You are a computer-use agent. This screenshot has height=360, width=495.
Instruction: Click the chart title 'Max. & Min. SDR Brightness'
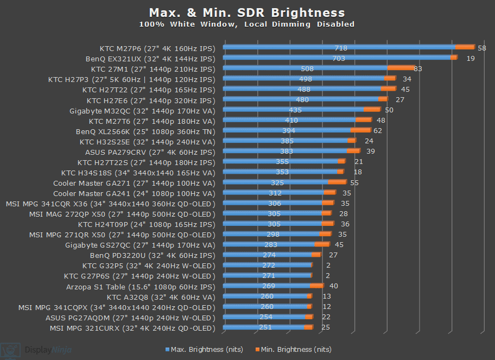coord(247,12)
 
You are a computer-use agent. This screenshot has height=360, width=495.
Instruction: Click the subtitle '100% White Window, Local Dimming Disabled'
coord(247,24)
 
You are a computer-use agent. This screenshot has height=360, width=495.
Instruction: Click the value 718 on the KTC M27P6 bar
coord(341,48)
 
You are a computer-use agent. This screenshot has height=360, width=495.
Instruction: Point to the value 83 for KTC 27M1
coord(418,69)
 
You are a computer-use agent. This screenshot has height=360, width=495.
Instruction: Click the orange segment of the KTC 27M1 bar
coord(401,68)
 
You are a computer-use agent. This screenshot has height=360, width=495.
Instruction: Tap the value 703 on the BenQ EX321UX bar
coord(339,59)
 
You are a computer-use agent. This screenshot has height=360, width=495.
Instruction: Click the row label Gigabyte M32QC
coord(142,110)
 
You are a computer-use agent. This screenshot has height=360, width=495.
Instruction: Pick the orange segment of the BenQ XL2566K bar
coord(361,130)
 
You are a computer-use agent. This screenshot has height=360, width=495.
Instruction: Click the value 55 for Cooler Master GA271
coord(354,183)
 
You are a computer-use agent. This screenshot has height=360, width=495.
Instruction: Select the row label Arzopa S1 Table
coord(141,287)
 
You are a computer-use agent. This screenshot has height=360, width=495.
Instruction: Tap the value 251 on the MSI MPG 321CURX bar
coord(266,328)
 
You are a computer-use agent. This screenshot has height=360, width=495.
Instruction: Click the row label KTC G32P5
coord(149,266)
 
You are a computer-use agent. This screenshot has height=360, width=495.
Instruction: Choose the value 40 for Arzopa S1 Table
coord(334,287)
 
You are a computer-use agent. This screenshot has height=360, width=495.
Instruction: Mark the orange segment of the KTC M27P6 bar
coord(465,48)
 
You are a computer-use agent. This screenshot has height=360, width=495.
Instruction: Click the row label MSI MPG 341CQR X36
coord(111,204)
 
